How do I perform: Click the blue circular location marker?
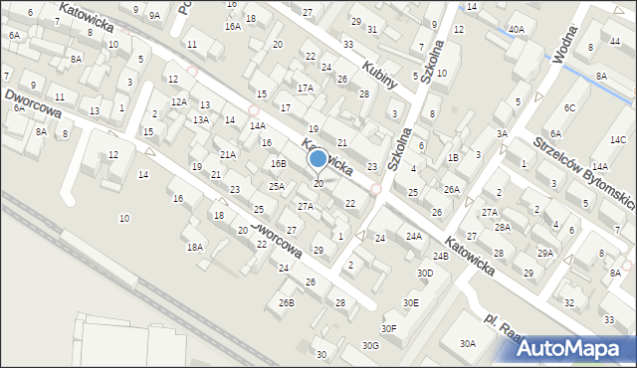pyautogui.click(x=318, y=158)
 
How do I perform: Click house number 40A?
pyautogui.click(x=516, y=30)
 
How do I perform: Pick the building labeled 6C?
pyautogui.click(x=569, y=107)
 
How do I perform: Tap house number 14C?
pyautogui.click(x=617, y=139)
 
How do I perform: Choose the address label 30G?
pyautogui.click(x=370, y=345)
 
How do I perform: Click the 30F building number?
pyautogui.click(x=388, y=328)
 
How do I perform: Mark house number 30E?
pyautogui.click(x=410, y=302)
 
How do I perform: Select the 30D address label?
pyautogui.click(x=425, y=273)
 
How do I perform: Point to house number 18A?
pyautogui.click(x=195, y=247)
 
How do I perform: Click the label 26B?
pyautogui.click(x=287, y=302)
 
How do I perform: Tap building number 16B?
pyautogui.click(x=279, y=163)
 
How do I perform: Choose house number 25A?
pyautogui.click(x=277, y=186)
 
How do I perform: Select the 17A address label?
pyautogui.click(x=305, y=88)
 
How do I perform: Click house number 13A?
pyautogui.click(x=201, y=120)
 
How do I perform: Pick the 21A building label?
pyautogui.click(x=228, y=154)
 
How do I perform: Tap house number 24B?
pyautogui.click(x=441, y=256)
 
